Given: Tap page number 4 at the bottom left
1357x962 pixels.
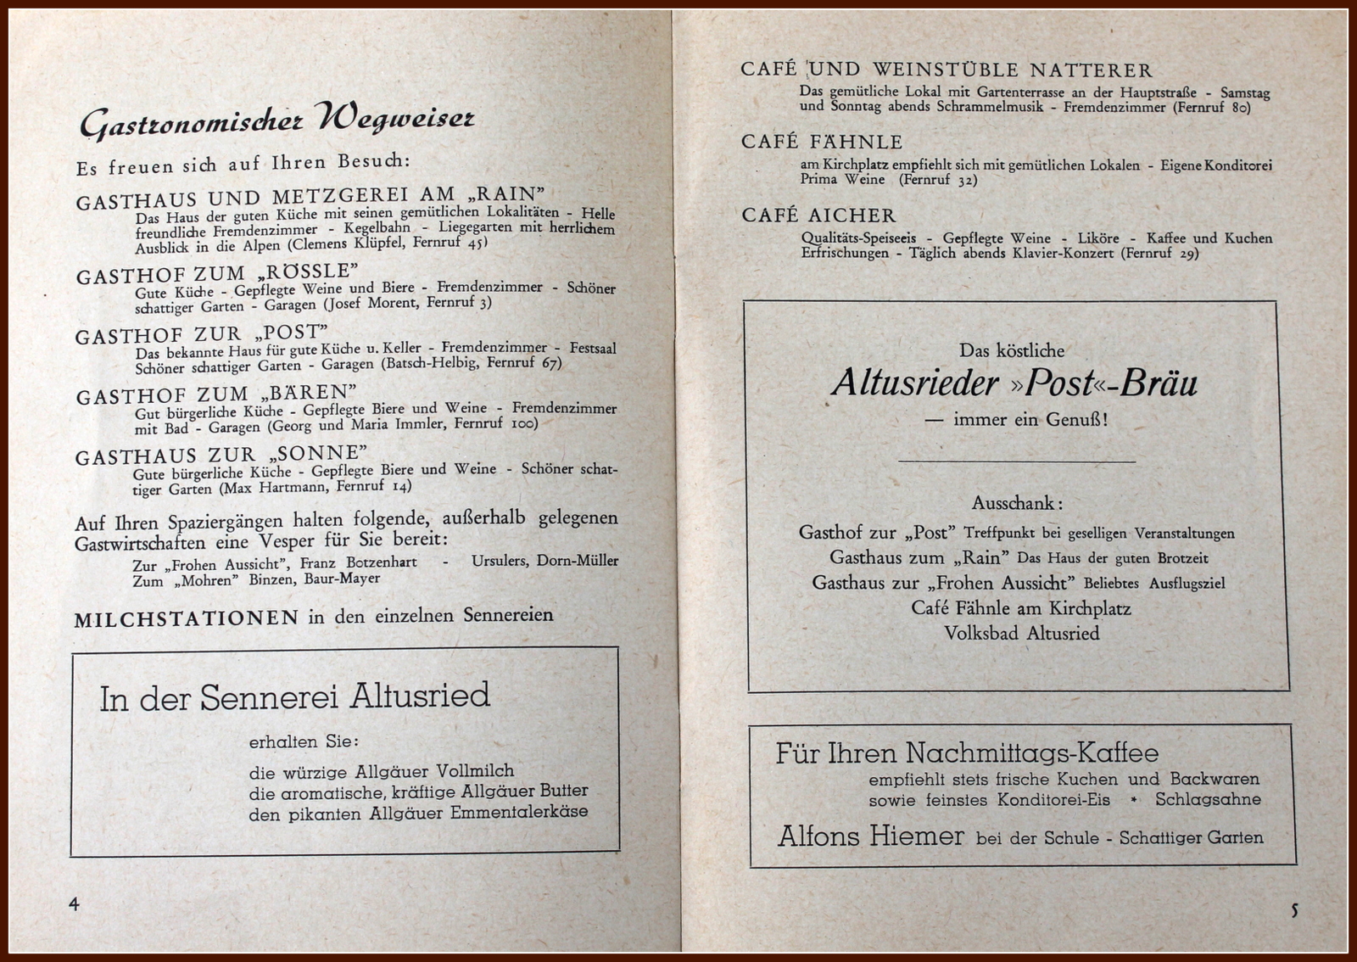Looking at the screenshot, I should click(74, 904).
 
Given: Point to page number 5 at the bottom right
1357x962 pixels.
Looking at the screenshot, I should click(1294, 911).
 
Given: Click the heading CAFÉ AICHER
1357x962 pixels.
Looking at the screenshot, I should click(818, 215).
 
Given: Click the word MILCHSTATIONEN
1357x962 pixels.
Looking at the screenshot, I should click(186, 618).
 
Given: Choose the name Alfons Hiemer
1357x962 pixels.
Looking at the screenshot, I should click(871, 836).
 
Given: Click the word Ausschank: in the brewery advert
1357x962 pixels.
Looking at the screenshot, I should click(1017, 503).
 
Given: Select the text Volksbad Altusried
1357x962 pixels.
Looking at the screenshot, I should click(1021, 633).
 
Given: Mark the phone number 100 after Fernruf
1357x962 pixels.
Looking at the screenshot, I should click(523, 422).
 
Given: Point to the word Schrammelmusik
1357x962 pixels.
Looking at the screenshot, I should click(990, 107).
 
